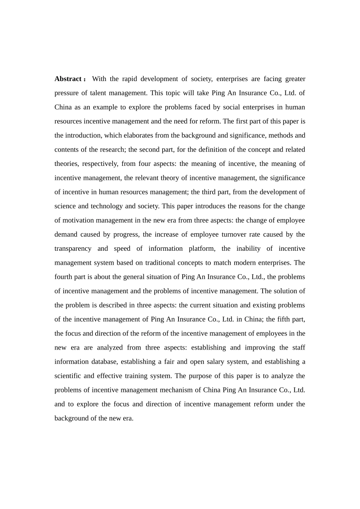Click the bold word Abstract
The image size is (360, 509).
click(x=68, y=79)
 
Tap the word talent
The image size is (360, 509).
click(x=98, y=93)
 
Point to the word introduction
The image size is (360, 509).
click(x=83, y=136)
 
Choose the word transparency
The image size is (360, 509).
click(x=73, y=249)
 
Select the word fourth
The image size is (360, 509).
click(x=63, y=277)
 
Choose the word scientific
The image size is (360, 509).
click(x=67, y=376)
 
